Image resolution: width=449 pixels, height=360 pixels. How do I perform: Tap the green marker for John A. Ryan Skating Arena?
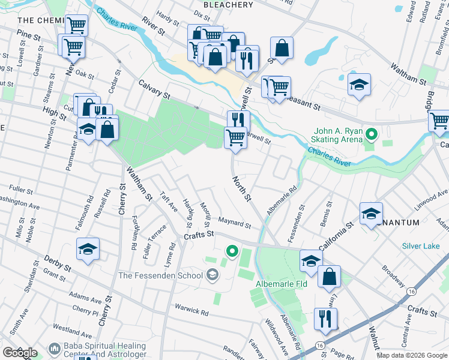[x=371, y=134]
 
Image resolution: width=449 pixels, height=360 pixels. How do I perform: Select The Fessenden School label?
[x=161, y=275]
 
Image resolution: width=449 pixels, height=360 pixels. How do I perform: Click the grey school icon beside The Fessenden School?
[x=211, y=275]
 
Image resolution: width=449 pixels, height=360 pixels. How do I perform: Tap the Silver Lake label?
[x=421, y=246]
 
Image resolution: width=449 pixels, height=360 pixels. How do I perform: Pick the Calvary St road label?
[x=155, y=90]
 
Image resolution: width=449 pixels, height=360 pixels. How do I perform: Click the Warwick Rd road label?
[x=191, y=311]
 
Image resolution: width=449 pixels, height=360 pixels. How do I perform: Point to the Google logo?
[x=19, y=353]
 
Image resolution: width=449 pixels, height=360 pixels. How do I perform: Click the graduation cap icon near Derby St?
[x=88, y=249]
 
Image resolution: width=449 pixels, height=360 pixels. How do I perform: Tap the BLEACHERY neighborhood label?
[x=228, y=5]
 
